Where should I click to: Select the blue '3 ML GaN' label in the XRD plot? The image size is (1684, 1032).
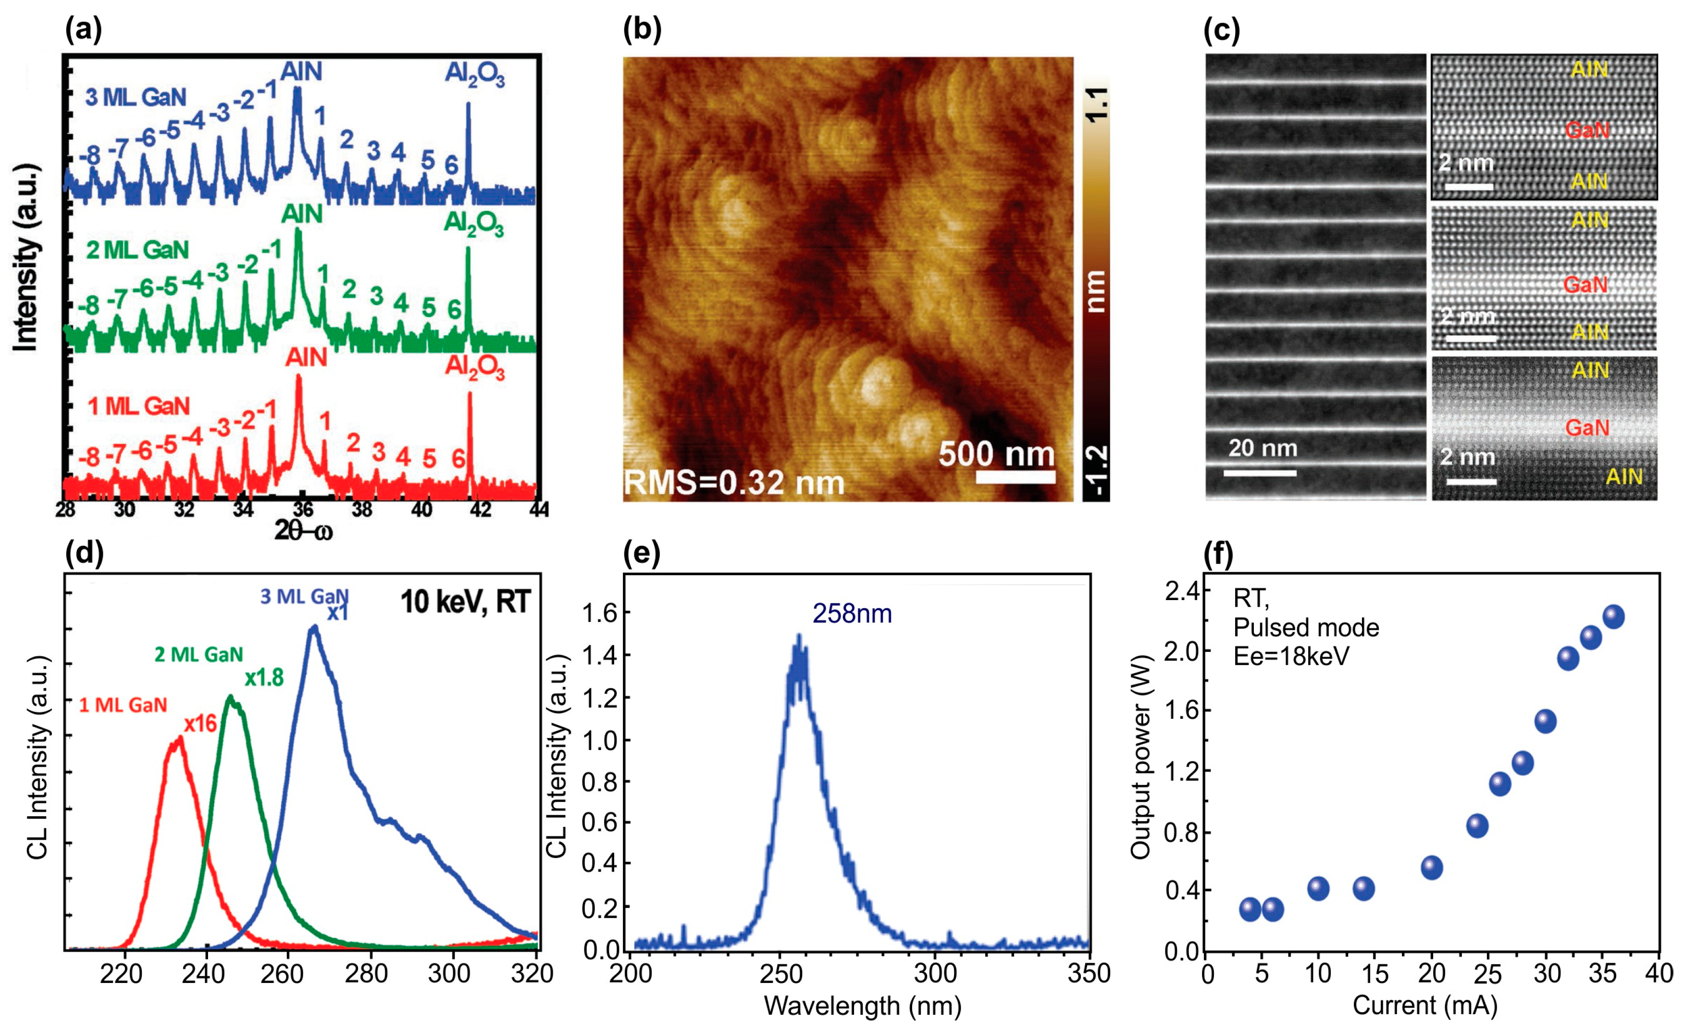tap(136, 98)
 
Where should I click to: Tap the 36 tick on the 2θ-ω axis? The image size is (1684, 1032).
tap(303, 509)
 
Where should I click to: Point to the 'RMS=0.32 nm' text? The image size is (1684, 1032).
tap(734, 482)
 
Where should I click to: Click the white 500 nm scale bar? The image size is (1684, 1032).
tap(1015, 476)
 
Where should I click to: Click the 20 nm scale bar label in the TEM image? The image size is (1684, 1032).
tap(1263, 448)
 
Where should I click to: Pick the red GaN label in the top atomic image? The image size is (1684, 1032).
tap(1587, 130)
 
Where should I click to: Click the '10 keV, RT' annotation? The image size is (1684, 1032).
tap(465, 602)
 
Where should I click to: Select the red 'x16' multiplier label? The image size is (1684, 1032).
tap(200, 724)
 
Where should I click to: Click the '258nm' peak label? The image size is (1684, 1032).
tap(852, 614)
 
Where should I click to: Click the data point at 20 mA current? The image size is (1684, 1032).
tap(1432, 867)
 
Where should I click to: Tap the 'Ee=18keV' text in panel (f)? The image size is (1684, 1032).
tap(1291, 657)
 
